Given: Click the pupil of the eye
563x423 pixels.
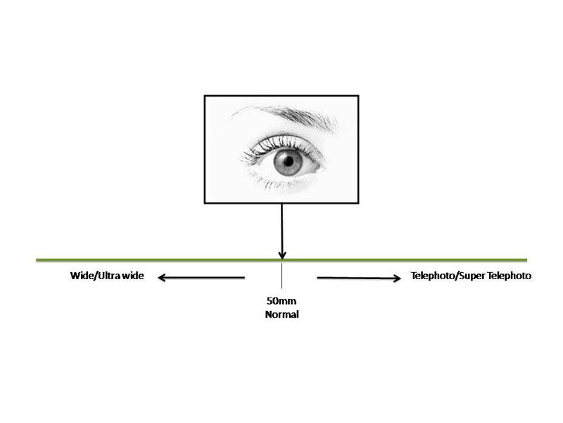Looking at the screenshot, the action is (x=289, y=161).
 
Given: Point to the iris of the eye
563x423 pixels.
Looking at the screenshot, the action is (x=288, y=162).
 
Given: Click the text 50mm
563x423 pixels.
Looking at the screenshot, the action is (x=281, y=301).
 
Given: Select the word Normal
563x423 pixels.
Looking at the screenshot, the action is (x=282, y=314).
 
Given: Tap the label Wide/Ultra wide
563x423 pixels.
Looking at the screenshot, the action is (x=107, y=276).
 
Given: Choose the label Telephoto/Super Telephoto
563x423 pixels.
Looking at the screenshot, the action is (x=471, y=276).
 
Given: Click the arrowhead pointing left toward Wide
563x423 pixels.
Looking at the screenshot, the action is (x=161, y=277).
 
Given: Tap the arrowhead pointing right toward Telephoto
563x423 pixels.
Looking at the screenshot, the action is (x=397, y=278).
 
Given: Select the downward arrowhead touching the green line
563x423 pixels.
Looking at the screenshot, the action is (x=282, y=255).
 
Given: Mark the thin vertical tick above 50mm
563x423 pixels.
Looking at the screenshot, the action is (x=282, y=275).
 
